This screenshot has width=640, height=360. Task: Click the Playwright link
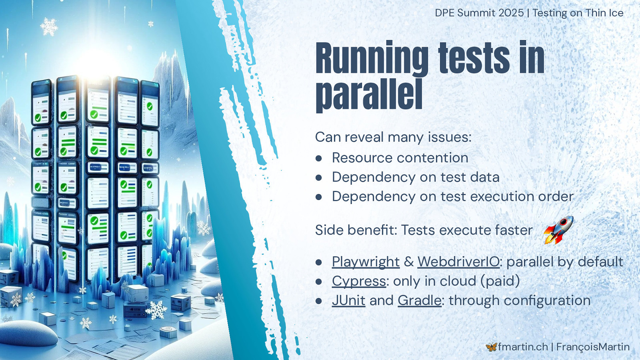pyautogui.click(x=366, y=262)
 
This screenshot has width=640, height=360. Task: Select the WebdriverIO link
pyautogui.click(x=458, y=262)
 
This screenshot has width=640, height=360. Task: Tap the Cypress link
pyautogui.click(x=359, y=281)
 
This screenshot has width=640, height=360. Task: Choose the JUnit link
pyautogui.click(x=348, y=300)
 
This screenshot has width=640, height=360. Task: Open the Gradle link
pyautogui.click(x=420, y=300)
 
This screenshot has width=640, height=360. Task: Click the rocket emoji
pyautogui.click(x=558, y=230)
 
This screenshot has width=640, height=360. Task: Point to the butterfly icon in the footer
pyautogui.click(x=491, y=347)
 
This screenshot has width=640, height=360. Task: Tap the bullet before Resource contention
pyautogui.click(x=319, y=158)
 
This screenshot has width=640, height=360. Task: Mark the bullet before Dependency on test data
pyautogui.click(x=319, y=178)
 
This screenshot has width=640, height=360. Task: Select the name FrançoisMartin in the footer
pyautogui.click(x=593, y=347)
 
